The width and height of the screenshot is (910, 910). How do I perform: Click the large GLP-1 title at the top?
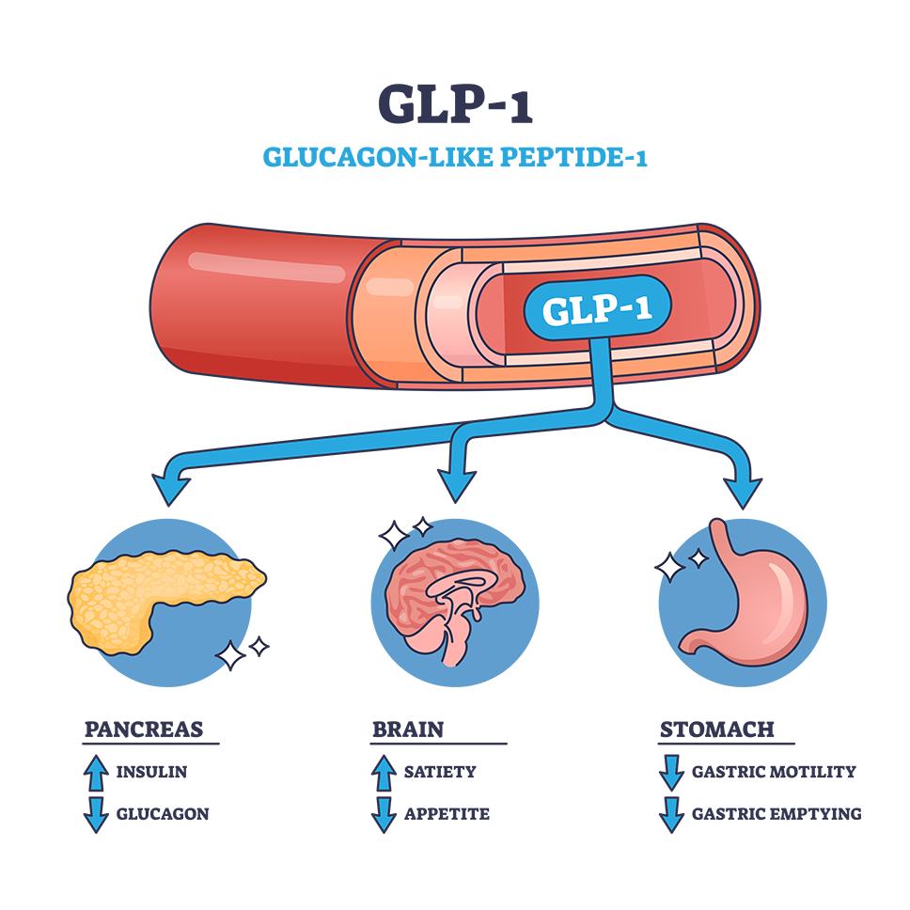[x=455, y=104]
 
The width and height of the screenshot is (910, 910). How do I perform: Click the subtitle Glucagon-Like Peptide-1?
[x=455, y=157]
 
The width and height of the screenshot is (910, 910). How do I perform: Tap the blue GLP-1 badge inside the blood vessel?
[x=597, y=308]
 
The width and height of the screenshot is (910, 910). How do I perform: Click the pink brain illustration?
[x=455, y=601]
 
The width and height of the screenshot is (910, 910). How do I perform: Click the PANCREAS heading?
[x=144, y=729]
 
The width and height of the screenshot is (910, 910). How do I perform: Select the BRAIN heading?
[x=408, y=729]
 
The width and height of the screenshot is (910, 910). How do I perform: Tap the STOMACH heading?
[x=717, y=729]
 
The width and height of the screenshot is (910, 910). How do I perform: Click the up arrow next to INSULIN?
[x=96, y=773]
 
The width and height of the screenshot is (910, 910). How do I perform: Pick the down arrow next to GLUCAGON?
[x=96, y=815]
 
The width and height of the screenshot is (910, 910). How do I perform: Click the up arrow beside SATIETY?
[x=384, y=773]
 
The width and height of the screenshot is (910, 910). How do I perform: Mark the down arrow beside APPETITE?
[x=384, y=815]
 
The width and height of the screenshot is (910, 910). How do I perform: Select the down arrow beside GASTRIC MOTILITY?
[x=671, y=773]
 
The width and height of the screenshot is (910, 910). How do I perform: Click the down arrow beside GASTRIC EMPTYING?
[x=671, y=815]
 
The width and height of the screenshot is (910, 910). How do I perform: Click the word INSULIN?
[x=151, y=772]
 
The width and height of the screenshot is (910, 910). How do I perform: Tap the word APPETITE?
[x=447, y=814]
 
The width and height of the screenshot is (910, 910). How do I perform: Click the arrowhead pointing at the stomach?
[x=743, y=493]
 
